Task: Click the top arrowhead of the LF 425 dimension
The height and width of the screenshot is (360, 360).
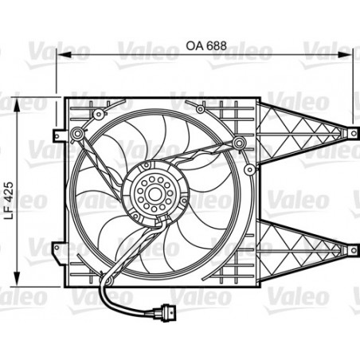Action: pos(18,103)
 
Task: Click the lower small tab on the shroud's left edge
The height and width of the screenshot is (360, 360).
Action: pos(59,248)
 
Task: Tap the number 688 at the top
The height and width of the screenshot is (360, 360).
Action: pos(217,45)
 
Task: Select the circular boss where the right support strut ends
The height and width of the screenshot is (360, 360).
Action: pos(237,142)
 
